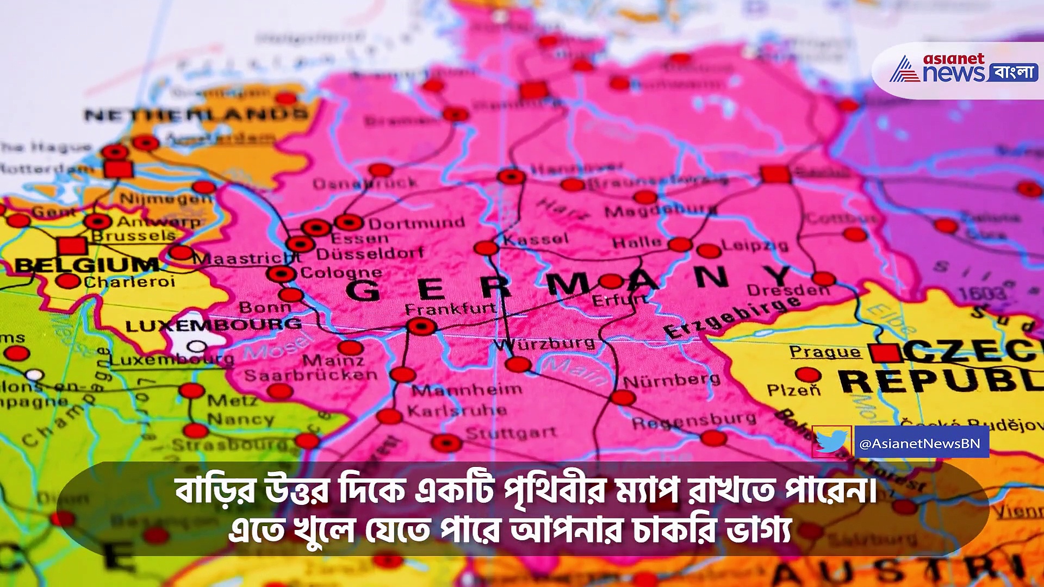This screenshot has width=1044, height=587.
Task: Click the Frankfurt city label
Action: point(450,309)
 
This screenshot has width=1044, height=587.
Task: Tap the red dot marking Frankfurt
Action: point(421,327)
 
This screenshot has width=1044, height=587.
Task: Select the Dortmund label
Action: point(417,223)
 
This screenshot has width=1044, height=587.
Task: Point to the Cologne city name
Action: point(341,272)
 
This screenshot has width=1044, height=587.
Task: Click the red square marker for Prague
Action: point(885,353)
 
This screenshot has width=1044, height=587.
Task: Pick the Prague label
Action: point(825,352)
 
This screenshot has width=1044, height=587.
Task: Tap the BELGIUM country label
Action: point(87,265)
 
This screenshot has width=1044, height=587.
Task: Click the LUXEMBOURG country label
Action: point(213,325)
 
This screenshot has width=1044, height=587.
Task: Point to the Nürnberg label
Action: point(672,380)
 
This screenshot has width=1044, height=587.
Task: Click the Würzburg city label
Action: point(544,344)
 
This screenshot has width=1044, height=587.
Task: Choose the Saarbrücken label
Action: point(310,375)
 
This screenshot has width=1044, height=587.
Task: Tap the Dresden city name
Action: point(788,290)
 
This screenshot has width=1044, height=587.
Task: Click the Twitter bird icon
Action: point(831,442)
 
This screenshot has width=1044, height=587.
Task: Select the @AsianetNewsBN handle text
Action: point(920,444)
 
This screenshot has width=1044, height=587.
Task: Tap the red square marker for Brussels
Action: point(72,246)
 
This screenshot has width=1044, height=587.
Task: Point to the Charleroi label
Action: point(129,282)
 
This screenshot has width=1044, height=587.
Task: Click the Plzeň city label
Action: point(793,390)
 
